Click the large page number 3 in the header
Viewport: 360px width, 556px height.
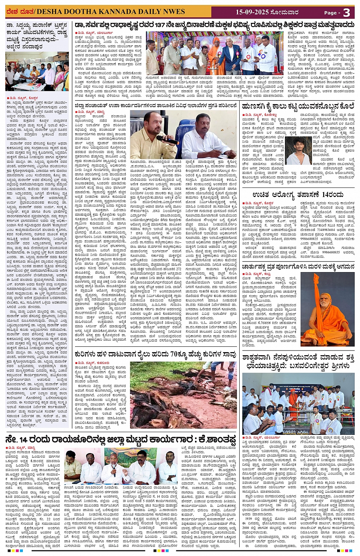[346, 13]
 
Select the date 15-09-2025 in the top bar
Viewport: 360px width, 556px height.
[252, 12]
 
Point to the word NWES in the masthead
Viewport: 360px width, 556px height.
[173, 11]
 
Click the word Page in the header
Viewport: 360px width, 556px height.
[330, 13]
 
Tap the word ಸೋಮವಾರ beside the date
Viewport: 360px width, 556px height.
[283, 12]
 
